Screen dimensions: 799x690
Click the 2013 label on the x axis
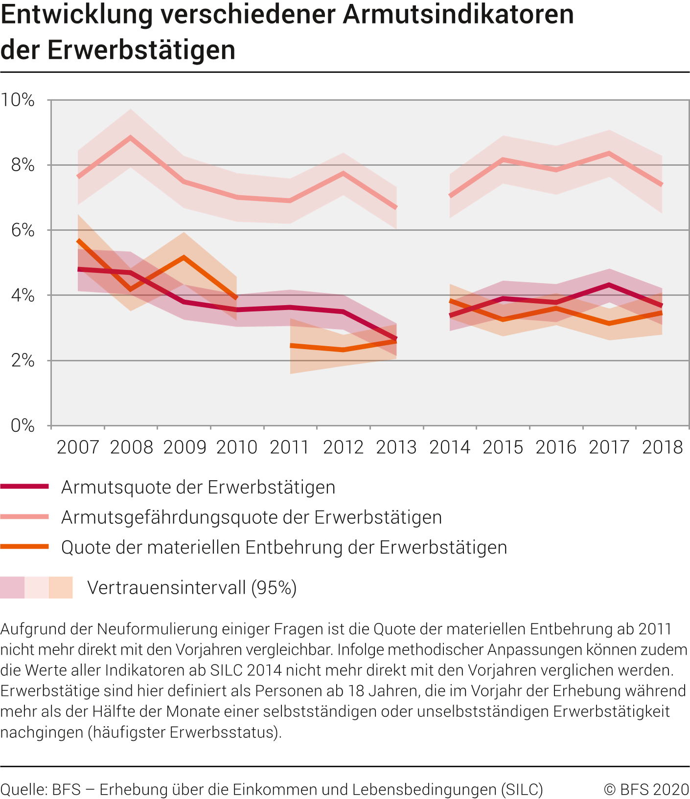[396, 447]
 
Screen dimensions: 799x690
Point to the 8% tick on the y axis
[23, 165]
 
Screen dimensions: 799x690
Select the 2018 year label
[662, 447]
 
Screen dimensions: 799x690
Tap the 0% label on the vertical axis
[23, 426]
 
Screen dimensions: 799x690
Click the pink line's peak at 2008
[131, 137]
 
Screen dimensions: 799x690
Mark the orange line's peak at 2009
[184, 257]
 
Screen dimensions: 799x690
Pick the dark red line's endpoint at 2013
[396, 339]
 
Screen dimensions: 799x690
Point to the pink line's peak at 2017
[609, 154]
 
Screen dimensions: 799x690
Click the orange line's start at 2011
[291, 346]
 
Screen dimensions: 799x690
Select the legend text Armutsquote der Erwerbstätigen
[198, 488]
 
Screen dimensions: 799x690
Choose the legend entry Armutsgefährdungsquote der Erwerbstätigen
[252, 517]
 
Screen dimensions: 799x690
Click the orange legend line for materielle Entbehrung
[24, 547]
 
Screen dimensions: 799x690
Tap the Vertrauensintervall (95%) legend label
[192, 587]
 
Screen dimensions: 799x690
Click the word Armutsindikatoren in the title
[458, 15]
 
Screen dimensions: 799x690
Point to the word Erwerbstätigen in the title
[141, 50]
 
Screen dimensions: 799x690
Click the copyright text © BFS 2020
[646, 789]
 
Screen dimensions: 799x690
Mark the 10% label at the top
[18, 100]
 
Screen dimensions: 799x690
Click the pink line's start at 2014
[450, 196]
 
